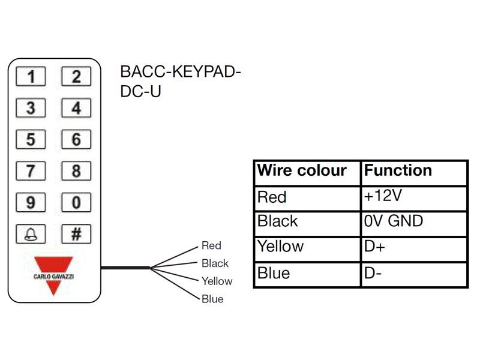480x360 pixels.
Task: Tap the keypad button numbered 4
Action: click(76, 109)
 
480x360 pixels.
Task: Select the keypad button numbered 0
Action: click(76, 202)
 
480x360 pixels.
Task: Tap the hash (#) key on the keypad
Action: click(76, 233)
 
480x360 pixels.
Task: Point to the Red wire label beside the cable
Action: click(211, 245)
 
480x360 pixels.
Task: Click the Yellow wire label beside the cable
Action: click(217, 281)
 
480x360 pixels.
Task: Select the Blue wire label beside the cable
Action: click(212, 299)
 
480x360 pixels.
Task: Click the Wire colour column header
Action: click(302, 171)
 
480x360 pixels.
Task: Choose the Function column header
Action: click(398, 171)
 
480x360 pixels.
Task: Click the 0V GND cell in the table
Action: click(393, 221)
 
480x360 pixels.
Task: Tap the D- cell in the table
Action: click(373, 274)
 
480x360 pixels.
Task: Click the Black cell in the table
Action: click(277, 221)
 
